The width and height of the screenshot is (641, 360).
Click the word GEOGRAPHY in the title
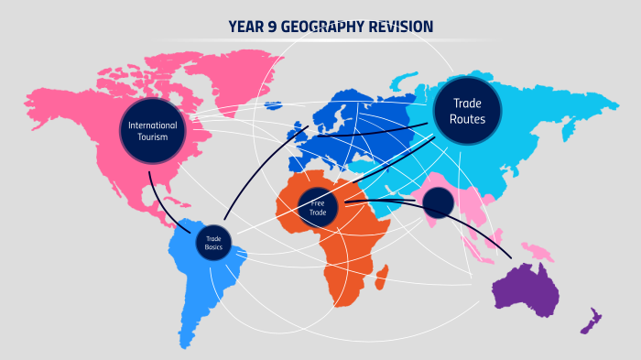click(x=320, y=27)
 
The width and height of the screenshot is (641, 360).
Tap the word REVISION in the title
click(x=400, y=27)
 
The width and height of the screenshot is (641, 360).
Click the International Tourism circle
click(x=153, y=131)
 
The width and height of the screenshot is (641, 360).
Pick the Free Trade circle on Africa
click(x=318, y=207)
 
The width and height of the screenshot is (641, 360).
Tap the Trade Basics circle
click(x=213, y=243)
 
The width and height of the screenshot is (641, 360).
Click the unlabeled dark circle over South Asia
click(x=438, y=203)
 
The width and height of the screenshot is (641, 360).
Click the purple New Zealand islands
click(x=591, y=322)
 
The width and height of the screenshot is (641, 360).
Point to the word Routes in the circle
click(x=467, y=119)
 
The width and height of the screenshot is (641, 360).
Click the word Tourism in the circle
click(x=153, y=137)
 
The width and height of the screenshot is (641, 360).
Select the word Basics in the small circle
click(x=213, y=247)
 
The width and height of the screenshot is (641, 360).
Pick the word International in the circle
click(x=153, y=125)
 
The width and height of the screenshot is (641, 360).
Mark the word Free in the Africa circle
click(x=318, y=202)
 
